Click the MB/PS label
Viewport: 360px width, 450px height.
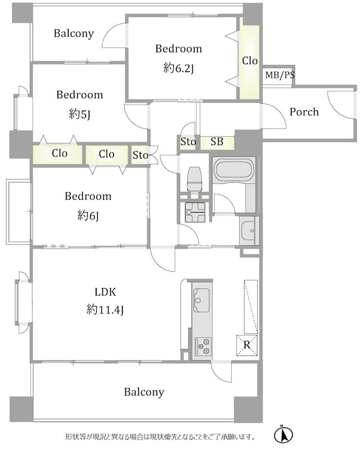pos(280,75)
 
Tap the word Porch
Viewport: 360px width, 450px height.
pos(304,111)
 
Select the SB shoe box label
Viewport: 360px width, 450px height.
pos(217,142)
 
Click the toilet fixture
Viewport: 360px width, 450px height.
pos(195,179)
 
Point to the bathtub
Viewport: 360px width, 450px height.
pos(234,170)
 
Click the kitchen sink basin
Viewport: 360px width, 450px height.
pos(201,300)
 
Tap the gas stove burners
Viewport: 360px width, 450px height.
pos(203,346)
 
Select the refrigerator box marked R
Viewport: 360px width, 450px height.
pos(246,345)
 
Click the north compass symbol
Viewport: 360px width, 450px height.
pos(283,435)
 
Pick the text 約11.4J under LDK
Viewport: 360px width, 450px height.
pos(105,310)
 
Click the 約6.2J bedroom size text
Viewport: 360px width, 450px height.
pos(178,68)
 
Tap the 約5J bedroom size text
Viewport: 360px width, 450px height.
pos(80,115)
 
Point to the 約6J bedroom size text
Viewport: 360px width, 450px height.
pos(88,215)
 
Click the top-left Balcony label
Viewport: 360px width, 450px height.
pos(74,34)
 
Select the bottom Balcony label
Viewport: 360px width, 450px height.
pos(144,391)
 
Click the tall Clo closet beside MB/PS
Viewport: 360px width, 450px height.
pos(250,61)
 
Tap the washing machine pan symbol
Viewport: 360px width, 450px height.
pos(195,212)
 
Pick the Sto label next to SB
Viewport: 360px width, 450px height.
pos(188,142)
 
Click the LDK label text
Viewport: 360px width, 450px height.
pos(105,292)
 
